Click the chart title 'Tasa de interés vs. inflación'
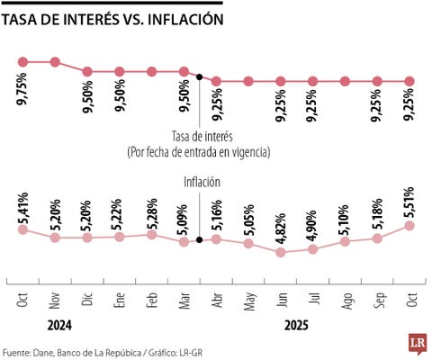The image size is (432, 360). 113,18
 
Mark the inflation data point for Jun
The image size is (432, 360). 281,252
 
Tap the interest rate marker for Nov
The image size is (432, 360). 55,62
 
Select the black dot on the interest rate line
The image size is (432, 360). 199,76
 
